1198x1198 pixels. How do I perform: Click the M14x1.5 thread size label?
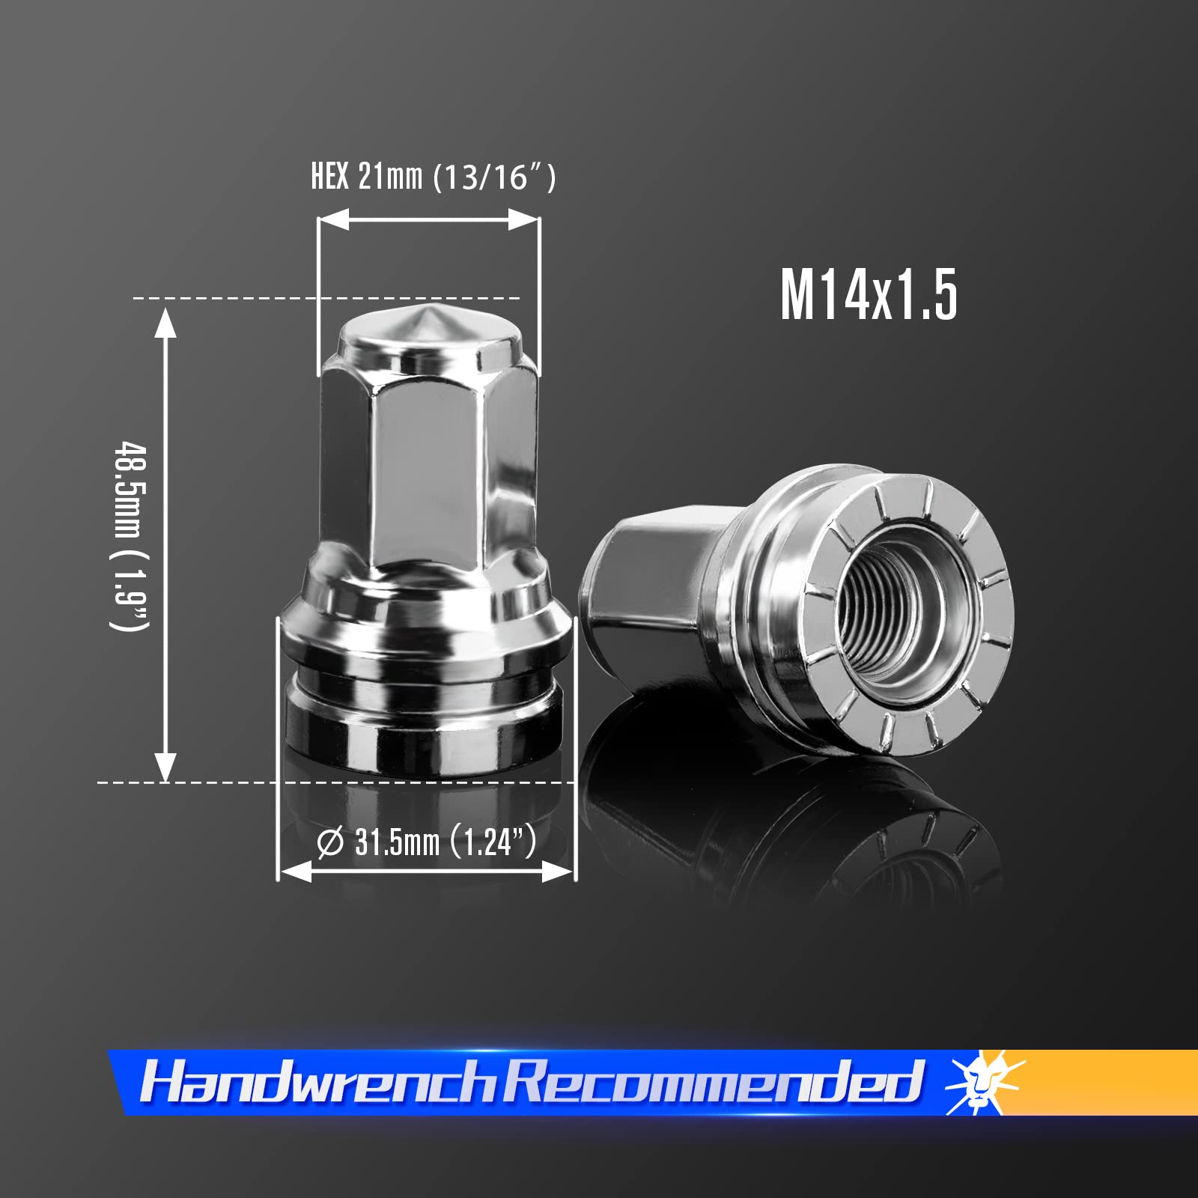point(869,296)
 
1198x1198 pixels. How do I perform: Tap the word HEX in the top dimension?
point(329,177)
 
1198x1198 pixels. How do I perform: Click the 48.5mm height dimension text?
point(131,490)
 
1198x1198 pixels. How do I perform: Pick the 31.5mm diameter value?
point(397,842)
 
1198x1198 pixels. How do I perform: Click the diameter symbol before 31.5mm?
point(330,842)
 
